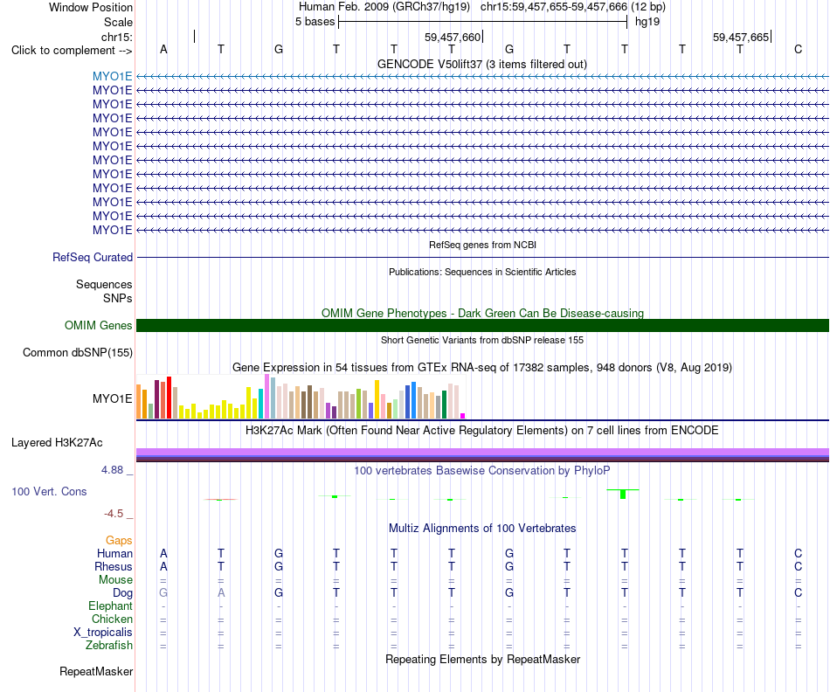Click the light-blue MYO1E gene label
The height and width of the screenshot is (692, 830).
point(112,76)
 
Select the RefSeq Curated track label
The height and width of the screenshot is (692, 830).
point(93,258)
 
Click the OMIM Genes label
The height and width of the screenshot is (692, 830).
point(99,325)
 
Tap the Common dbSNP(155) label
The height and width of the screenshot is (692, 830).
point(78,353)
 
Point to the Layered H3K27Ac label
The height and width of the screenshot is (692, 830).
point(57,443)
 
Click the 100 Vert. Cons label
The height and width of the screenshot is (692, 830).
point(49,491)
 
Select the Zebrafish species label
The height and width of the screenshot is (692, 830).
point(109,645)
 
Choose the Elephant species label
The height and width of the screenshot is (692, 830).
point(111,605)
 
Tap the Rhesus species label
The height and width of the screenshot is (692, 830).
point(114,566)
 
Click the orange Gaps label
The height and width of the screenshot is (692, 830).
point(119,540)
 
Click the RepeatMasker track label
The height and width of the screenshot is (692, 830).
point(96,671)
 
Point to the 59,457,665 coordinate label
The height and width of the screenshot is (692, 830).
point(741,37)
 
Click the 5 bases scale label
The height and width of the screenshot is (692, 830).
point(315,22)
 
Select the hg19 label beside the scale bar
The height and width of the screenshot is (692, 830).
point(647,22)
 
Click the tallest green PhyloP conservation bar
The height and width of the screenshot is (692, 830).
point(623,494)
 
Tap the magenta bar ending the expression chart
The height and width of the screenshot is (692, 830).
point(463,416)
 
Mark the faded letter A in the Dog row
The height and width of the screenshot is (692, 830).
point(221,592)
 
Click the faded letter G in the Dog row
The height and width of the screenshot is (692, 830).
point(163,592)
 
